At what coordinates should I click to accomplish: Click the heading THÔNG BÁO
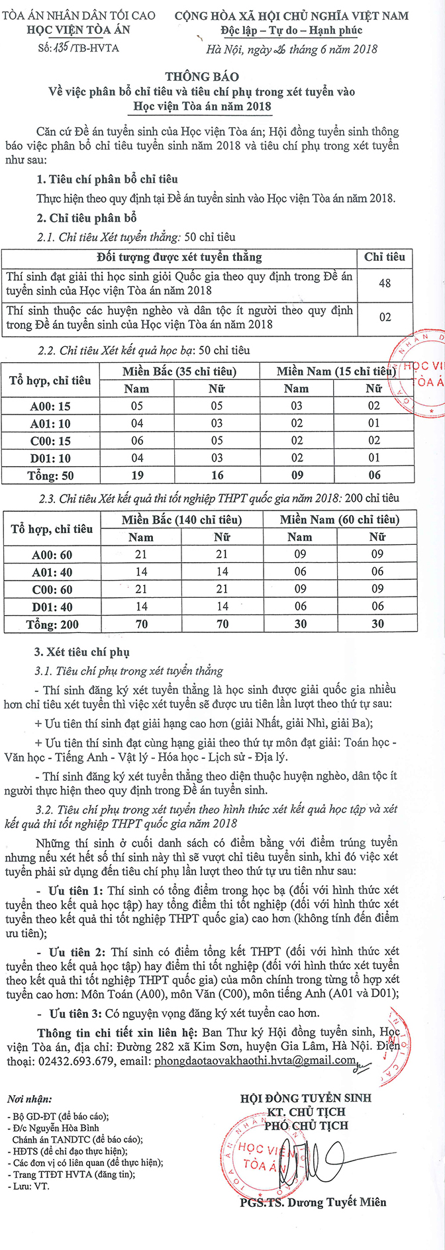click(x=202, y=77)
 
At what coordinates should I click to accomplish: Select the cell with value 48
click(x=385, y=283)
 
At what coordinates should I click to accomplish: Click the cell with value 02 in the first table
click(x=385, y=318)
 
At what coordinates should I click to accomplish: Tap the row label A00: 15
click(x=50, y=406)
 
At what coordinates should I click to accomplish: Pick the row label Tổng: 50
click(x=50, y=475)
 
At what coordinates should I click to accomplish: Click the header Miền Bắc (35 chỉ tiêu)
click(x=179, y=371)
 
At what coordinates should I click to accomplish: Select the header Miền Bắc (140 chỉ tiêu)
click(x=181, y=520)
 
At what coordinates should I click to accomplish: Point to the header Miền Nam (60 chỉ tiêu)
click(x=339, y=520)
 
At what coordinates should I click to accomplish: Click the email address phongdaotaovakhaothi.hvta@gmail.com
click(x=254, y=1060)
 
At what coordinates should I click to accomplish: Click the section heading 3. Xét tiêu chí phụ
click(x=82, y=652)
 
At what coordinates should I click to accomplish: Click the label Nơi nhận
click(x=29, y=1099)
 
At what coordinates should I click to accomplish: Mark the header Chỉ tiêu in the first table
click(x=385, y=257)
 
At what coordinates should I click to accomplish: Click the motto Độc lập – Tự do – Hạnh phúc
click(x=291, y=30)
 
